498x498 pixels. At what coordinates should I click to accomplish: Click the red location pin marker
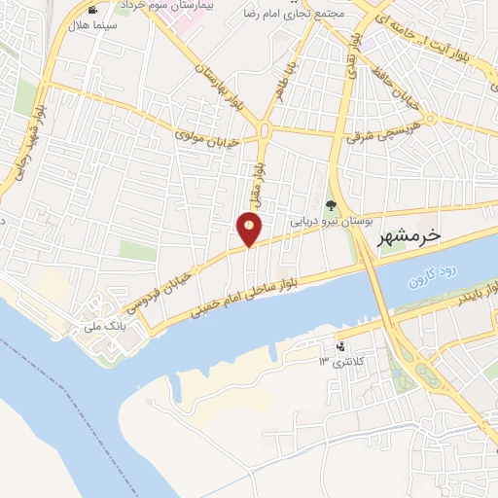point(250,231)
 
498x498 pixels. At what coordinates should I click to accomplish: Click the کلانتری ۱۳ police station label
point(338,362)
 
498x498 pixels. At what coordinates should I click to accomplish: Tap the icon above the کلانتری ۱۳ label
point(339,346)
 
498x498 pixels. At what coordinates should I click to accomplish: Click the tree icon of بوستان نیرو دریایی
point(331,205)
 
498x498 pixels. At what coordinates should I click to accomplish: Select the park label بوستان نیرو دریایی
point(329,221)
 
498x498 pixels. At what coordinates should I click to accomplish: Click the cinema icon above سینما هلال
point(92,9)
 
